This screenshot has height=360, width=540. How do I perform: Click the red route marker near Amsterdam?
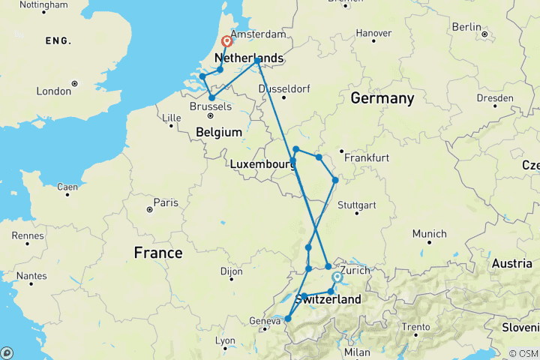[x=226, y=43]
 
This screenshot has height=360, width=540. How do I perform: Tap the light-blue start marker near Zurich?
[x=337, y=277]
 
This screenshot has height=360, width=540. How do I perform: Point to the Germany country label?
[x=382, y=98]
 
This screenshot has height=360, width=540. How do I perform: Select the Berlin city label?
[x=466, y=27]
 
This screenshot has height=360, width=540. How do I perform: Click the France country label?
[x=157, y=253]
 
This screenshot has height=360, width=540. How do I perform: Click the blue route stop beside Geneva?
[x=288, y=319]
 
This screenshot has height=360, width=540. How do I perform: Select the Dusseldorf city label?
[x=283, y=88]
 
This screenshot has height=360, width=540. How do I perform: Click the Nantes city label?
[x=31, y=276]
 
